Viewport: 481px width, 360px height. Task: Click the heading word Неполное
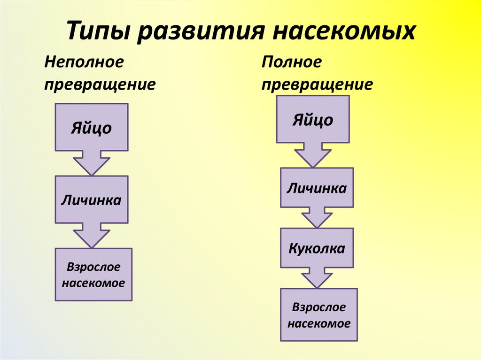pyautogui.click(x=84, y=62)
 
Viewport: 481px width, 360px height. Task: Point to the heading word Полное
pyautogui.click(x=292, y=62)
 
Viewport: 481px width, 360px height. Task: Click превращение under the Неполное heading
pyautogui.click(x=100, y=84)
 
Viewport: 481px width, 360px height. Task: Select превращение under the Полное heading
pyautogui.click(x=318, y=84)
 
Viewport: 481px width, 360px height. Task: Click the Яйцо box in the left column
pyautogui.click(x=92, y=127)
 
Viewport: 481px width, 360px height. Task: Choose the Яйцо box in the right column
pyautogui.click(x=313, y=119)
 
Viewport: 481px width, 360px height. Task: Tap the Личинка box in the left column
pyautogui.click(x=92, y=199)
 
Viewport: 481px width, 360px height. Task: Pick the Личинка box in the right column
pyautogui.click(x=317, y=188)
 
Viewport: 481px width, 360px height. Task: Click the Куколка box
pyautogui.click(x=317, y=247)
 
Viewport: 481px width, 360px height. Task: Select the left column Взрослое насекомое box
pyautogui.click(x=93, y=275)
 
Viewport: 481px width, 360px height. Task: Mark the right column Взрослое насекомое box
pyautogui.click(x=319, y=314)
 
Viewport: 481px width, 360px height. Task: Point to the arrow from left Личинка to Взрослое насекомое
pyautogui.click(x=92, y=236)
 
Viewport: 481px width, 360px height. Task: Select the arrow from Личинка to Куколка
pyautogui.click(x=317, y=218)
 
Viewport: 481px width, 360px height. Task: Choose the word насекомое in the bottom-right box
pyautogui.click(x=319, y=323)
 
